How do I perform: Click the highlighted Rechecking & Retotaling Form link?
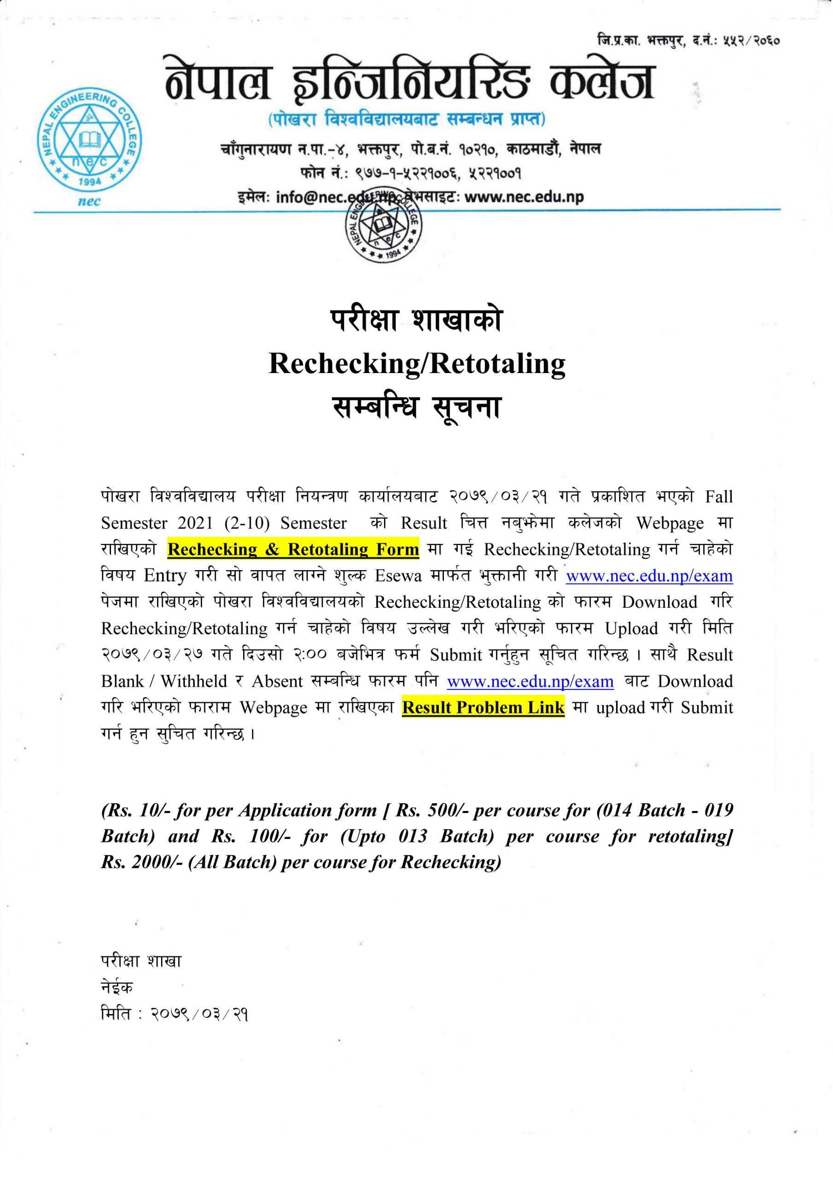293,549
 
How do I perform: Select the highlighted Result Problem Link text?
483,707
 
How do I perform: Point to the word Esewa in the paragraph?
398,576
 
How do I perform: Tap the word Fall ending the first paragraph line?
719,497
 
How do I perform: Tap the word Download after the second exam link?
695,682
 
